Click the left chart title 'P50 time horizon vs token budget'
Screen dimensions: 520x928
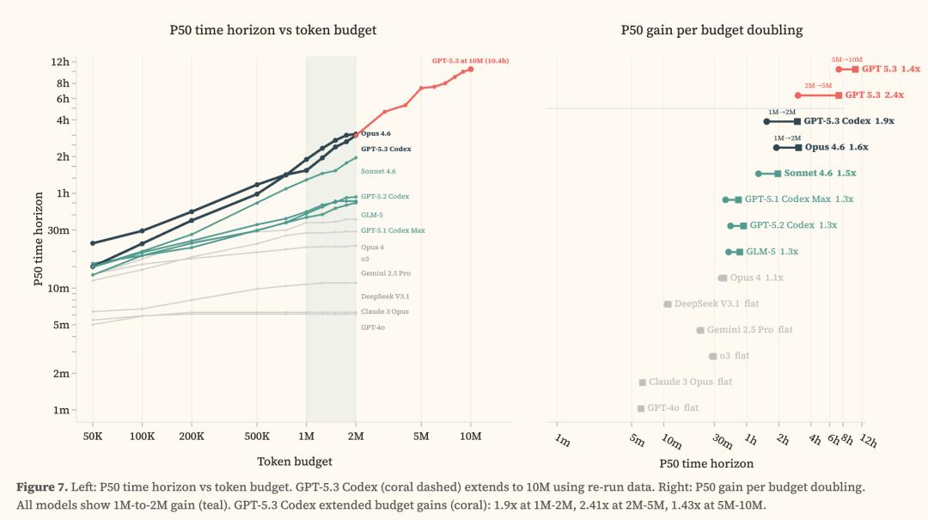[272, 30]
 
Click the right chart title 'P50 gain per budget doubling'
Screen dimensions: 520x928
[711, 30]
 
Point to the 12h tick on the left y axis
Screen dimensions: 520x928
[60, 62]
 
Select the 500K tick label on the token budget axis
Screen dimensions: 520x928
[257, 437]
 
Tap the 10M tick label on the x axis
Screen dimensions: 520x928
[470, 437]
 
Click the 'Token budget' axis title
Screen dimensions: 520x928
[295, 462]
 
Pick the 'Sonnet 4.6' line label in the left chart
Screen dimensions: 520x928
[378, 171]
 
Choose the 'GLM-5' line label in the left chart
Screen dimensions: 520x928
[372, 214]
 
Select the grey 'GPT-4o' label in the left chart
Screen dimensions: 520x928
[373, 327]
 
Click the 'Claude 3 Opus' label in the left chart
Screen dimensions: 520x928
[385, 311]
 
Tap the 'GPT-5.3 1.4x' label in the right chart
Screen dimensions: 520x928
[890, 69]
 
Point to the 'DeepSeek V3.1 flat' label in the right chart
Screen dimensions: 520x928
[716, 303]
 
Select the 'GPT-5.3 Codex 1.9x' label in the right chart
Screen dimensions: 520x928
[849, 121]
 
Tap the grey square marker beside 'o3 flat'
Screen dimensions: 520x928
[712, 356]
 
